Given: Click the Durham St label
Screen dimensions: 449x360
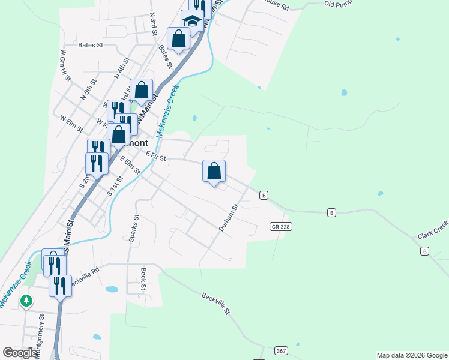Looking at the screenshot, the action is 229,218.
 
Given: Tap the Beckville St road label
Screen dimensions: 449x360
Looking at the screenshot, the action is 215,303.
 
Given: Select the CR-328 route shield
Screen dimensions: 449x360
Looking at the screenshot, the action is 280,226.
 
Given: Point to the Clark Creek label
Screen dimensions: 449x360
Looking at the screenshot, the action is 433,230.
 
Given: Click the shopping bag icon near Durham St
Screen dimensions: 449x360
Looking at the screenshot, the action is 214,172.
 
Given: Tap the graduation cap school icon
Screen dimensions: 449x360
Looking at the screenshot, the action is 193,20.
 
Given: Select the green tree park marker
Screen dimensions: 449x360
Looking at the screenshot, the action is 26,300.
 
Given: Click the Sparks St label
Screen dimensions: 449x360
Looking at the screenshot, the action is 134,228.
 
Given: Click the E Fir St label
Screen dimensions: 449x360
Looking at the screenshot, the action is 155,155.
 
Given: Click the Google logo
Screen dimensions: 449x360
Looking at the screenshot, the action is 20,353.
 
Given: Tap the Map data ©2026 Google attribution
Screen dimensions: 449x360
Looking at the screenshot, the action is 412,355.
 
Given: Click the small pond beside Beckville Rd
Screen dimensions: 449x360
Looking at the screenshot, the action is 112,289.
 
